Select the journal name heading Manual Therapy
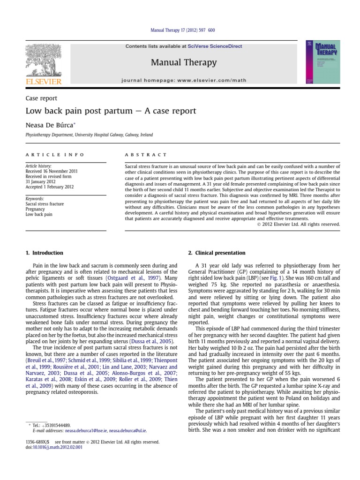[x=184, y=62]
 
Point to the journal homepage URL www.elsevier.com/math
[x=218, y=81]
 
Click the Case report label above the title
[x=41, y=98]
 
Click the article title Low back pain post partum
[x=111, y=112]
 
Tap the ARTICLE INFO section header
[x=55, y=154]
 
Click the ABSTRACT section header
[x=146, y=154]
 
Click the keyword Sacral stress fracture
[x=45, y=204]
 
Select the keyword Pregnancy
[x=36, y=209]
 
